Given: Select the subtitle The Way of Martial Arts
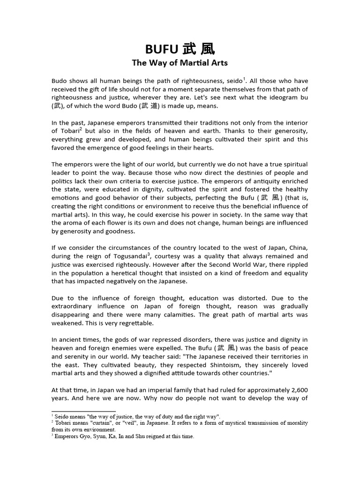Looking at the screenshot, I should point(180,63).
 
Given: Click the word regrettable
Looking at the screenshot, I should point(142,323).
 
